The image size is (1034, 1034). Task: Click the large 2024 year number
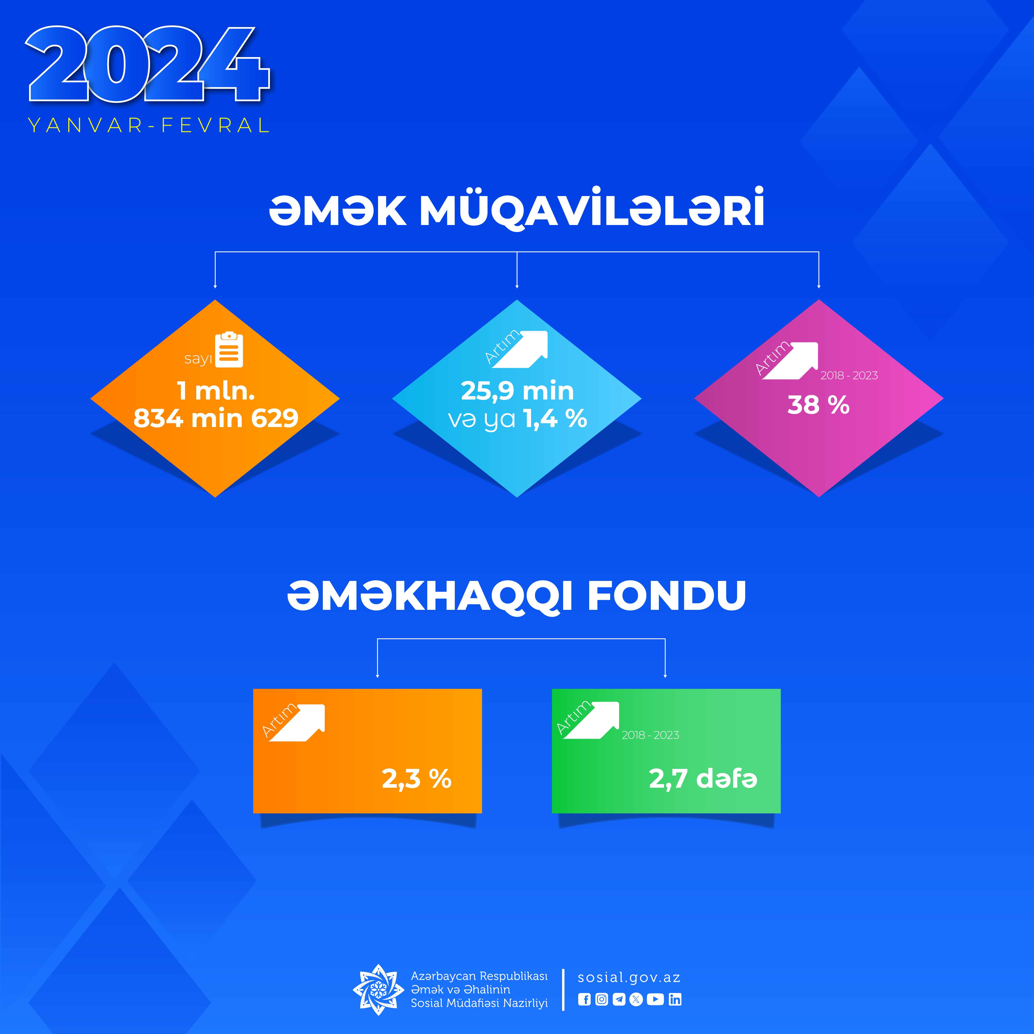tap(148, 64)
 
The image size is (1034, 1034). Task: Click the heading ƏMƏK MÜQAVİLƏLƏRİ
tap(516, 209)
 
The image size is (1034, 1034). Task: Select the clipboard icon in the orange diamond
tap(229, 349)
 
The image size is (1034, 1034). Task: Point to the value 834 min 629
tap(216, 418)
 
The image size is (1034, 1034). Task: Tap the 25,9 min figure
tap(517, 391)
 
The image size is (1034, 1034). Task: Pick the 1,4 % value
tap(555, 419)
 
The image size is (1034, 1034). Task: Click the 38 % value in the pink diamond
tap(818, 405)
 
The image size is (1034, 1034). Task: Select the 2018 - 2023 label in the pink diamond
tap(849, 376)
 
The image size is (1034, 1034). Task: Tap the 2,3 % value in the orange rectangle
tap(416, 779)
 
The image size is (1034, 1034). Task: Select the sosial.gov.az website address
tap(629, 978)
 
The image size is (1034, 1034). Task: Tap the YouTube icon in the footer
tap(655, 999)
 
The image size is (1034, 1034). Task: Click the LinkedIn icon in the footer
tap(675, 999)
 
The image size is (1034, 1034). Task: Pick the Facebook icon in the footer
tap(584, 999)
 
